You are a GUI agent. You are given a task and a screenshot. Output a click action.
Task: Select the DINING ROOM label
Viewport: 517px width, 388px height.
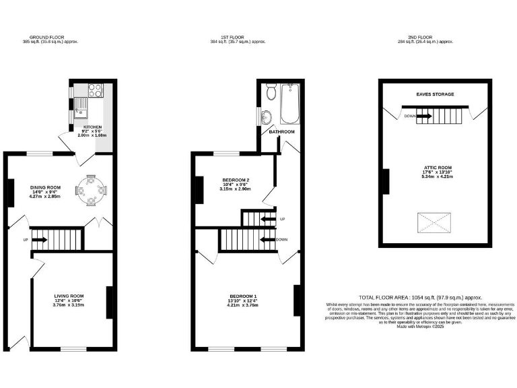click(45, 188)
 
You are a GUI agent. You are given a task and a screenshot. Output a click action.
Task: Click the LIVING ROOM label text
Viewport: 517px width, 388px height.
click(69, 295)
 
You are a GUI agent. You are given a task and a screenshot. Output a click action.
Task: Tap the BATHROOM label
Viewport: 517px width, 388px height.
click(282, 131)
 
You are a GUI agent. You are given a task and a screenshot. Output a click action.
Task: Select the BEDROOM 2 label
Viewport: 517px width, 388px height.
click(236, 180)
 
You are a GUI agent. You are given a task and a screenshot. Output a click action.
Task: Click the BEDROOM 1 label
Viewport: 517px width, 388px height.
click(243, 296)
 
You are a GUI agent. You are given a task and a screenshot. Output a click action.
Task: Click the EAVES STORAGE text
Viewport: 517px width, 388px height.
click(434, 94)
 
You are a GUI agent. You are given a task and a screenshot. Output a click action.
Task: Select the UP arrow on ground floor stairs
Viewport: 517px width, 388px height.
click(38, 239)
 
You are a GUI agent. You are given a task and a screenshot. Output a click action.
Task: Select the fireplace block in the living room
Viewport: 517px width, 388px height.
click(109, 302)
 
